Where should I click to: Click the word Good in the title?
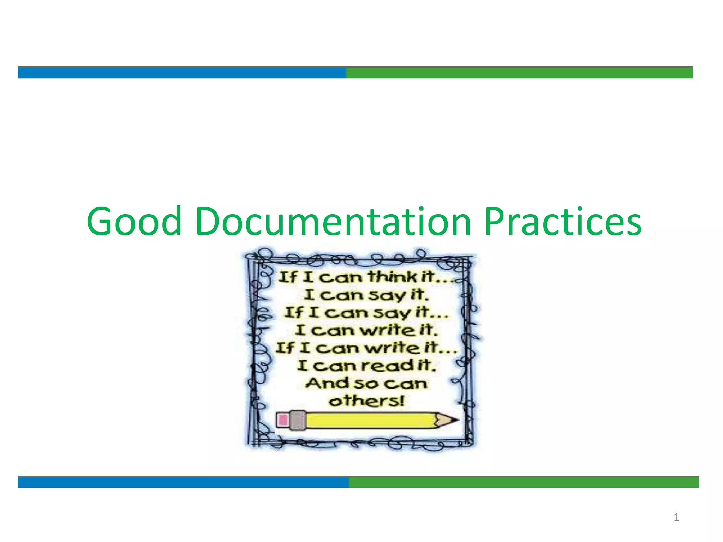[x=134, y=222]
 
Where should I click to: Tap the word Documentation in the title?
[x=333, y=222]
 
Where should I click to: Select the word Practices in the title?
[x=563, y=222]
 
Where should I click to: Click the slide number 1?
[x=676, y=518]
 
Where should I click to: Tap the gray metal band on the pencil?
[x=297, y=420]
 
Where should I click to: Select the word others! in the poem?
[x=366, y=401]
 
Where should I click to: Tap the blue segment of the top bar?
[x=182, y=73]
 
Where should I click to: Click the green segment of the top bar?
[x=519, y=73]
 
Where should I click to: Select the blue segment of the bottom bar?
[x=183, y=482]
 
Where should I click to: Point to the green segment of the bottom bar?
[x=524, y=482]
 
